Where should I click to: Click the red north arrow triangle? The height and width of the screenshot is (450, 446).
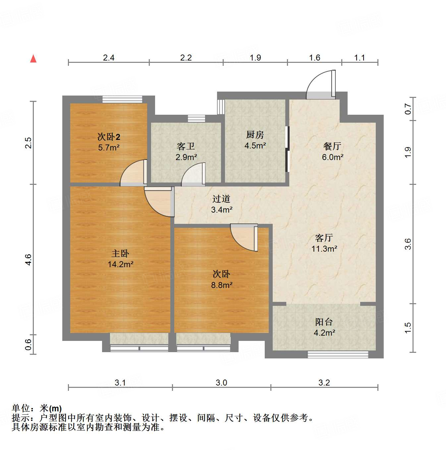pos(33,59)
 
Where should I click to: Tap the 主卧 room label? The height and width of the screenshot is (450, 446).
pos(120,254)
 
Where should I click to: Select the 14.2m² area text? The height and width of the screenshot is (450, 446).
pos(120,265)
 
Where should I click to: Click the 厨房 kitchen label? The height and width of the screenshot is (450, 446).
pos(255,135)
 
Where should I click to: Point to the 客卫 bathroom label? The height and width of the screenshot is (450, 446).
pos(186,146)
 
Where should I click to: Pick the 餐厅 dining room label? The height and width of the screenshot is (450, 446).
pos(332,146)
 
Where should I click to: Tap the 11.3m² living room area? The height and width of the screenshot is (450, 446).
pos(324,249)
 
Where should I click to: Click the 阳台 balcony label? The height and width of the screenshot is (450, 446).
pos(324,322)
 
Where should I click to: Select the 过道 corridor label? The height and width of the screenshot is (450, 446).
pos(221,199)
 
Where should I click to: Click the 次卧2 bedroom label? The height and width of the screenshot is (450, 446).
pos(109,137)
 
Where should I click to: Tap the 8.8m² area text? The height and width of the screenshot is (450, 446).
pos(221,285)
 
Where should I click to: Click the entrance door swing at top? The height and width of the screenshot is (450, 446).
pos(320,85)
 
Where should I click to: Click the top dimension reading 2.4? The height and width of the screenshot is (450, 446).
pos(108,58)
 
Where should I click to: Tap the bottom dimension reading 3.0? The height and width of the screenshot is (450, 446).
pos(221,383)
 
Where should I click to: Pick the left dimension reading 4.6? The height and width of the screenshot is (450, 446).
pos(28,260)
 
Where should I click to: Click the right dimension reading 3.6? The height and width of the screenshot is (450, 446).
pos(408,244)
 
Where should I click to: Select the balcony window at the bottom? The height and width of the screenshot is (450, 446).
pos(338,354)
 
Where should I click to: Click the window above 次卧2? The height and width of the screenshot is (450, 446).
pos(122,99)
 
